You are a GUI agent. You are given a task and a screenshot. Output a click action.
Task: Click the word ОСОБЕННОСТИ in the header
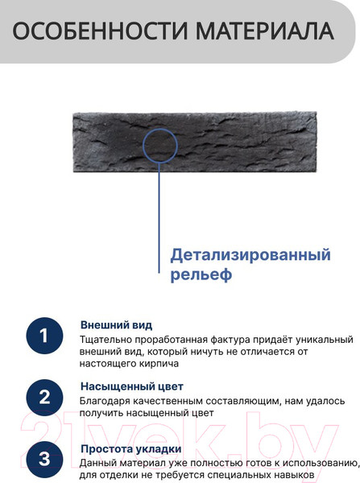(100, 31)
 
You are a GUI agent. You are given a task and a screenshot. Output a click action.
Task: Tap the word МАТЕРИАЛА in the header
(265, 31)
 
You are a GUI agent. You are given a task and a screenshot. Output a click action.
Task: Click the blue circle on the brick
(160, 129)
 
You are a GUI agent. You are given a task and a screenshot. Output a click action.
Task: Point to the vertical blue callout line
(159, 218)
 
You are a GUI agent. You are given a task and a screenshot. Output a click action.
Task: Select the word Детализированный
(250, 255)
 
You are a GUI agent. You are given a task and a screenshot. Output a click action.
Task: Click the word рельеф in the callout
(201, 275)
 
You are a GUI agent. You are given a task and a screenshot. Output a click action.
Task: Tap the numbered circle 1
(44, 336)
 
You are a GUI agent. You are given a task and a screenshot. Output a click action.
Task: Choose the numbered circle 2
(44, 398)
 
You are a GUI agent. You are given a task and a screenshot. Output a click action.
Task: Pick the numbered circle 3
(44, 460)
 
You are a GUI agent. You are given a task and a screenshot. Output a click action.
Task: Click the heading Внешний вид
(116, 325)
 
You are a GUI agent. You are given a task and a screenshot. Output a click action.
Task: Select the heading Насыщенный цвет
(132, 386)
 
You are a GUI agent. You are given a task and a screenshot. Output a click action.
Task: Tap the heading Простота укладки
(131, 449)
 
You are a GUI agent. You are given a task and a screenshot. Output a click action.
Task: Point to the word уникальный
(325, 340)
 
